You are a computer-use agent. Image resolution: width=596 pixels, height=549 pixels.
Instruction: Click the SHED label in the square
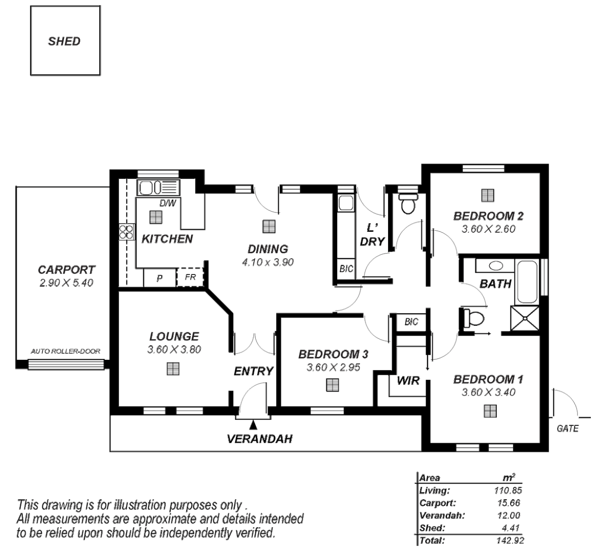coord(64,41)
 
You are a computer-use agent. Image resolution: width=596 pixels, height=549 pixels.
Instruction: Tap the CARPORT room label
coord(66,270)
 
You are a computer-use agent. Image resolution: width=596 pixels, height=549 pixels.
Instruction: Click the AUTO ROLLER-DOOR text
coord(66,351)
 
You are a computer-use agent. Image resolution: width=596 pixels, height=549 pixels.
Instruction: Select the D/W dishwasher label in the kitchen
coord(167,204)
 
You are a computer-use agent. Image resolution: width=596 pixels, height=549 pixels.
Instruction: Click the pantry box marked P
coord(159,279)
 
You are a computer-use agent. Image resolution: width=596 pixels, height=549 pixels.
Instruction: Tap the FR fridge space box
coord(190,278)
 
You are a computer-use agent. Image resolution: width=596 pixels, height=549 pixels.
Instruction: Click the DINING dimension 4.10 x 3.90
coord(269,262)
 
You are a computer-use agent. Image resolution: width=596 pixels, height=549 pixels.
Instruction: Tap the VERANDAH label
coord(259,439)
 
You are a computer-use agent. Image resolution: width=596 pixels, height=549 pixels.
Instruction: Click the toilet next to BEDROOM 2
coord(407,204)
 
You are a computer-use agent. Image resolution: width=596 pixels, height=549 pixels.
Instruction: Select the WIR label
coord(408,380)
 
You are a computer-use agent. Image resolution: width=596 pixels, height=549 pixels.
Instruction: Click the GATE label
coord(568,429)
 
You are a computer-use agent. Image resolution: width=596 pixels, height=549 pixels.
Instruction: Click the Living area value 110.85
coord(508,491)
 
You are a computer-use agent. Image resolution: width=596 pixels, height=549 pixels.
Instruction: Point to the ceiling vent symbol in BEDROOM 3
coord(333,385)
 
